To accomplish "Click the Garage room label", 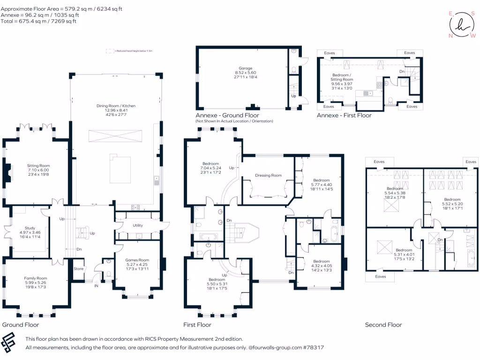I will pyautogui.click(x=246, y=68).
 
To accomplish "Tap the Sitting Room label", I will pyautogui.click(x=38, y=165).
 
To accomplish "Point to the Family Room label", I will pyautogui.click(x=37, y=278).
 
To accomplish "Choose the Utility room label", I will pyautogui.click(x=138, y=225).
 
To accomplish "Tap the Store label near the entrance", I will pyautogui.click(x=78, y=269).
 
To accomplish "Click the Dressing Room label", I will pyautogui.click(x=268, y=175).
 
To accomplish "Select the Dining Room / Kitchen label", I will pyautogui.click(x=115, y=106).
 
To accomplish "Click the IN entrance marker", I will pyautogui.click(x=96, y=285).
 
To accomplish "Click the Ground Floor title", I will pyautogui.click(x=21, y=325).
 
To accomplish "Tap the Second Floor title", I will pyautogui.click(x=383, y=325).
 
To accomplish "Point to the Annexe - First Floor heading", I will pyautogui.click(x=344, y=115).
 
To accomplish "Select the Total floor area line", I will pyautogui.click(x=38, y=21).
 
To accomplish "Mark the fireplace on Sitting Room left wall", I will pyautogui.click(x=7, y=173).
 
